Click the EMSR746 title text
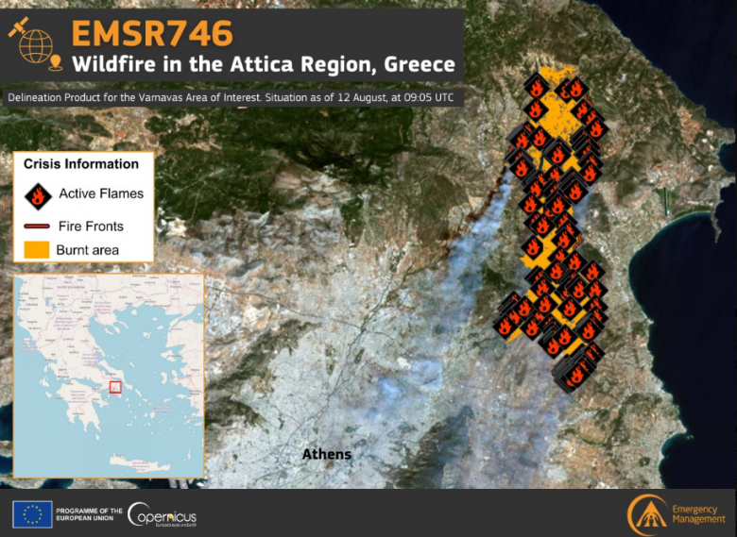click(151, 33)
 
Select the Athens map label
click(326, 455)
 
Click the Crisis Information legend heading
click(81, 164)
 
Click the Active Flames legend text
click(101, 194)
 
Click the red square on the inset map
click(116, 386)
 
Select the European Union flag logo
click(32, 514)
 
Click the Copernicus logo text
click(163, 516)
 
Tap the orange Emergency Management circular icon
click(648, 514)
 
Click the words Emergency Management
click(699, 515)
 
